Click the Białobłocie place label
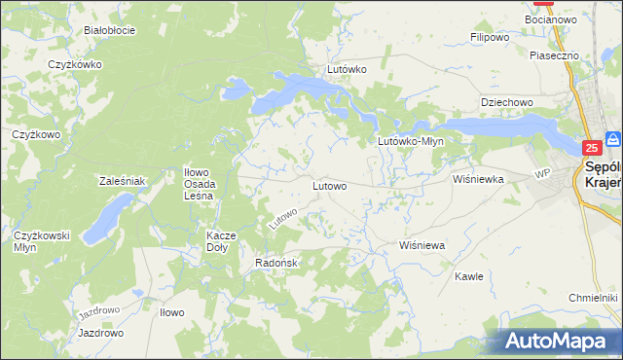point(109,30)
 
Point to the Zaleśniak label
point(122,181)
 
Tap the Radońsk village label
point(275,263)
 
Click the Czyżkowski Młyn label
point(39,241)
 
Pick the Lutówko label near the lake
point(347,70)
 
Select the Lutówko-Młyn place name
point(411,141)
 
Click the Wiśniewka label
point(477,179)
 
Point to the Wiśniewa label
point(421,246)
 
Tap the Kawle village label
point(469,276)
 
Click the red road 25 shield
point(591,148)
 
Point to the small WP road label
point(542,175)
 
